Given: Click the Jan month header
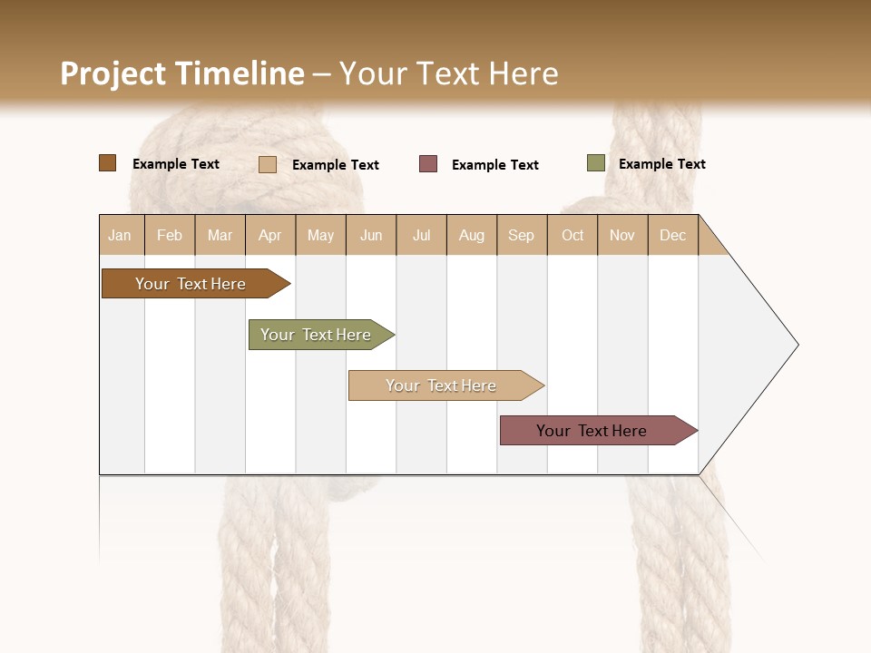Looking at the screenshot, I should pos(121,235).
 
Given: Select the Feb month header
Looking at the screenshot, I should pos(170,235).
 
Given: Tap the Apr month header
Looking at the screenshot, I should pos(270,235).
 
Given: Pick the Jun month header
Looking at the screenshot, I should pos(371,235).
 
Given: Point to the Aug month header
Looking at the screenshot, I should pos(472,235).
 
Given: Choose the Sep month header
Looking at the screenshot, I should pos(522,235).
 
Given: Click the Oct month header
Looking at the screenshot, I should pos(573,235).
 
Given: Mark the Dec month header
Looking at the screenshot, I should pos(673,235).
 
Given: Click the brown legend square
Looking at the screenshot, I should pos(107,163).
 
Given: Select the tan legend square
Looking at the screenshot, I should pos(268,164).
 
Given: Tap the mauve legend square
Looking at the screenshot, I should pos(428,164).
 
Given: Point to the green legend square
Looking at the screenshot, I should pos(595,163).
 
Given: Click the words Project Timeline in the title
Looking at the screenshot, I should pos(182,73).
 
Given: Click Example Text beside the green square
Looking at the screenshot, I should pos(661,164).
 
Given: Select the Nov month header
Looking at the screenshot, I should pos(622,235).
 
